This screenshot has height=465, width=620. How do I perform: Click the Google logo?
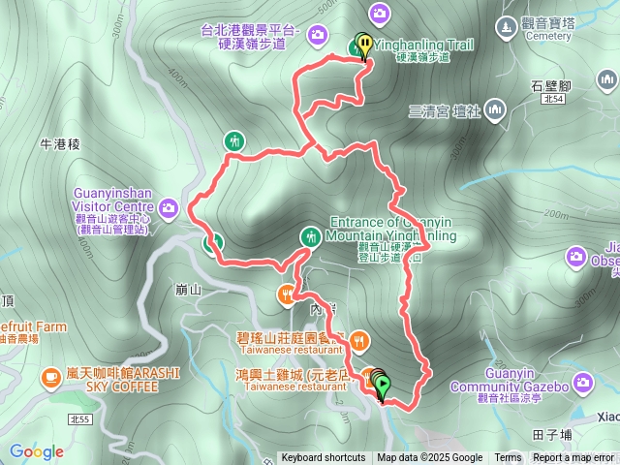point(37,451)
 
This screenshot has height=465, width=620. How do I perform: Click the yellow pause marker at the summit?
point(364,46)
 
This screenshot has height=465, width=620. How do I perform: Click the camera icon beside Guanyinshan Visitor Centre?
point(170,206)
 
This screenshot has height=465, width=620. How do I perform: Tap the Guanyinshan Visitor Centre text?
point(111,200)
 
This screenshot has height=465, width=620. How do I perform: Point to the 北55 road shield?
point(80,418)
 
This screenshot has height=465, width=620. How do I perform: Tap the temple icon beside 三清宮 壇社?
point(495,109)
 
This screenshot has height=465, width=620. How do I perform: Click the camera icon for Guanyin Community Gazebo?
point(582,383)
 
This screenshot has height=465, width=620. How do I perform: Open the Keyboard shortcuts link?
point(323,458)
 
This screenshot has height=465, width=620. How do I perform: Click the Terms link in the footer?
point(508,458)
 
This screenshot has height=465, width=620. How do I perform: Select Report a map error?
point(574,458)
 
